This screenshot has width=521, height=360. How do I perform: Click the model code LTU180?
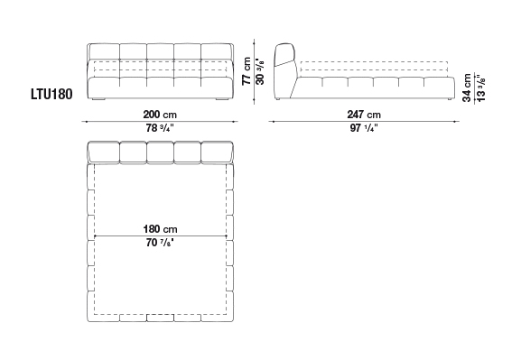click(x=51, y=95)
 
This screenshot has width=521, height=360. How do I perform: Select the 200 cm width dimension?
click(x=160, y=115)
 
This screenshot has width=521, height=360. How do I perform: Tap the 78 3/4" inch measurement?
click(x=160, y=128)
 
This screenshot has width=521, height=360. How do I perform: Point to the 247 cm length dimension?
click(x=364, y=115)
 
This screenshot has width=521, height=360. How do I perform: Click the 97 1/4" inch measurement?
click(x=364, y=128)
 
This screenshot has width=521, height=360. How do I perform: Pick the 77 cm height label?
click(x=247, y=70)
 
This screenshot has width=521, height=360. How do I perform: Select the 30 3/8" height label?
click(x=260, y=71)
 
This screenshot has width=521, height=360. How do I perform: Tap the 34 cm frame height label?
click(x=467, y=88)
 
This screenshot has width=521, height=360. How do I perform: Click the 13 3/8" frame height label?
click(x=480, y=88)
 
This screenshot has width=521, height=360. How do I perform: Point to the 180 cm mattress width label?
click(x=160, y=229)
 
